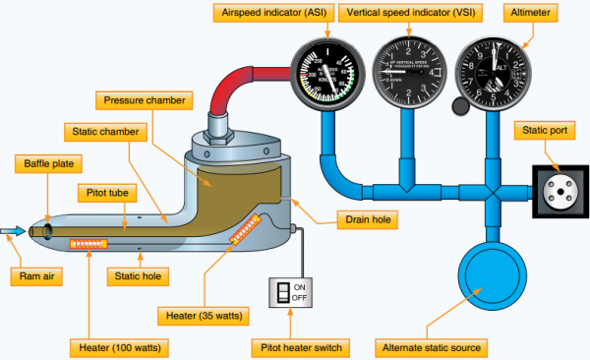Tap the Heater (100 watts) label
pos(117,347)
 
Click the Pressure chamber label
pos(145,100)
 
